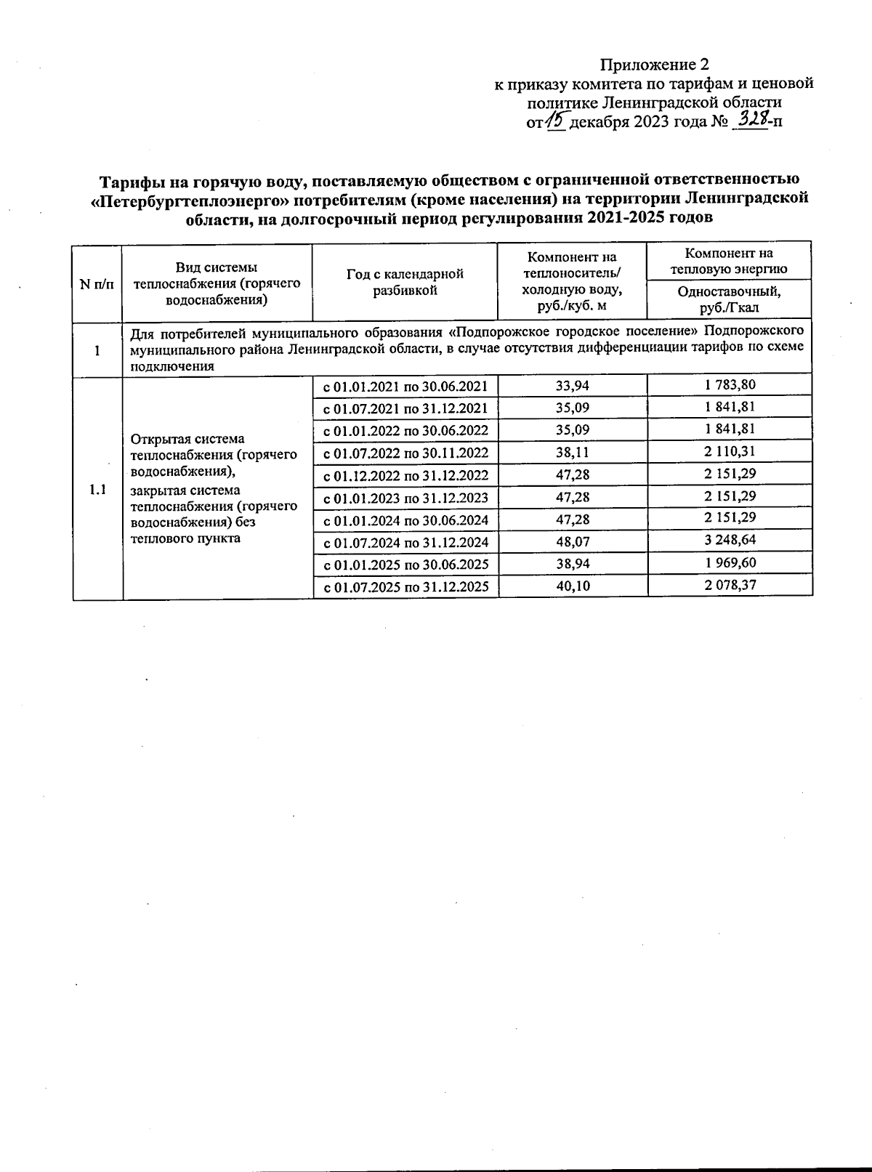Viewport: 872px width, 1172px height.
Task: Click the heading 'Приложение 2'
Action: (x=653, y=64)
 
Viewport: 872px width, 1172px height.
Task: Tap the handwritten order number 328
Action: (x=751, y=118)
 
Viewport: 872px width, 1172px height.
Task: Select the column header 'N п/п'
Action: (x=97, y=284)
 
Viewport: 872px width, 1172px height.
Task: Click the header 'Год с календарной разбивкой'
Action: (x=405, y=282)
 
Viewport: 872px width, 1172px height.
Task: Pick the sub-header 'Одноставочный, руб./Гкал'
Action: (x=729, y=299)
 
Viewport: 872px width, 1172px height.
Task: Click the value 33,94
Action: (x=573, y=385)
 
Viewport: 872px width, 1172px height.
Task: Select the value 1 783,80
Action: (x=730, y=384)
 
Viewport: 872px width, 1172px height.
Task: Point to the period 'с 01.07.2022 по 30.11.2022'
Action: (x=405, y=453)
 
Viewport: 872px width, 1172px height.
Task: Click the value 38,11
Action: (x=573, y=452)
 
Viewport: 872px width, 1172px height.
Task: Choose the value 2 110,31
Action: (x=730, y=451)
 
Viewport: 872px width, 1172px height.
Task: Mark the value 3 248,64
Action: (x=730, y=541)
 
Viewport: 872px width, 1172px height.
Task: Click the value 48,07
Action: (x=573, y=541)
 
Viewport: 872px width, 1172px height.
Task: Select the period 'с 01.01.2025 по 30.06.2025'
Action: (x=405, y=565)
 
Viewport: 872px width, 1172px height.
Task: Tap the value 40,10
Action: (x=573, y=586)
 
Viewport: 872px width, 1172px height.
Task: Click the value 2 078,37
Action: (x=730, y=585)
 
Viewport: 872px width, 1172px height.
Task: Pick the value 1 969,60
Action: (x=730, y=563)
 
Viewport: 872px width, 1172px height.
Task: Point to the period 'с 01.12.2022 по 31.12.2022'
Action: (x=405, y=475)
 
